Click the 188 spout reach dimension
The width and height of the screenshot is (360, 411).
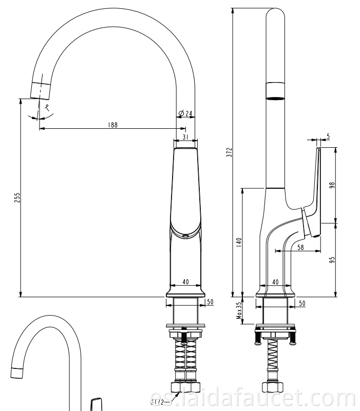click(x=112, y=124)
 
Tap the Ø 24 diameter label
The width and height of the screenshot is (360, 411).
click(x=186, y=113)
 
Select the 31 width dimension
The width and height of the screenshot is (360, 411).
click(x=185, y=136)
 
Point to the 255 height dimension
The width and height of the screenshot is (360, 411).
click(x=16, y=198)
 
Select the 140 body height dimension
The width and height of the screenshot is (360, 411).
click(x=238, y=242)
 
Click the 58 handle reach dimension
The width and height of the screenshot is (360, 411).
click(x=300, y=247)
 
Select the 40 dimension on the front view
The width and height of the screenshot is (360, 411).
click(x=185, y=282)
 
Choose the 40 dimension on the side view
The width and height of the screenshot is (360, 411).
click(x=275, y=282)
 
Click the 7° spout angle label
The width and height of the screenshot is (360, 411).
click(x=47, y=108)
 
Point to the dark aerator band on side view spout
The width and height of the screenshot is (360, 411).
click(x=275, y=91)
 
